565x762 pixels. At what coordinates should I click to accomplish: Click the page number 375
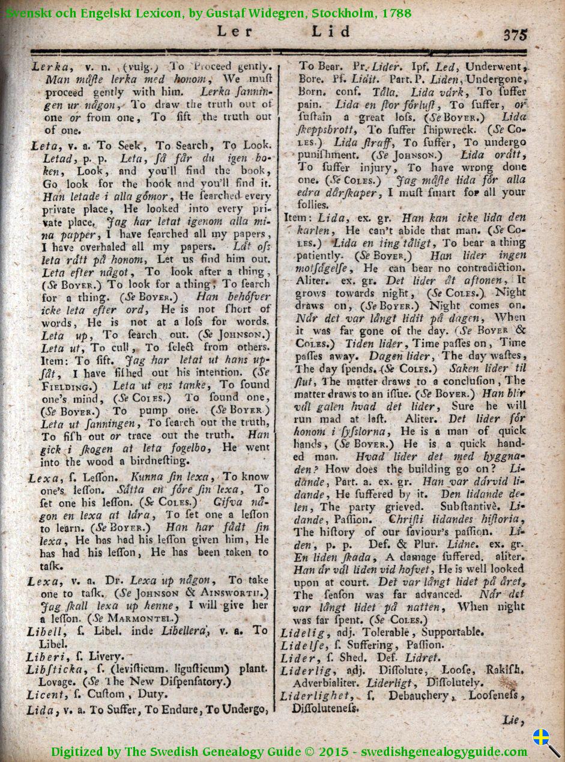[x=515, y=34]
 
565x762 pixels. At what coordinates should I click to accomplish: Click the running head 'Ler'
[x=235, y=32]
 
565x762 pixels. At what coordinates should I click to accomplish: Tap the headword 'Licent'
[x=44, y=695]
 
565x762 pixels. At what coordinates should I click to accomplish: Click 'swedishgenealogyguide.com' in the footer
[x=448, y=751]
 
